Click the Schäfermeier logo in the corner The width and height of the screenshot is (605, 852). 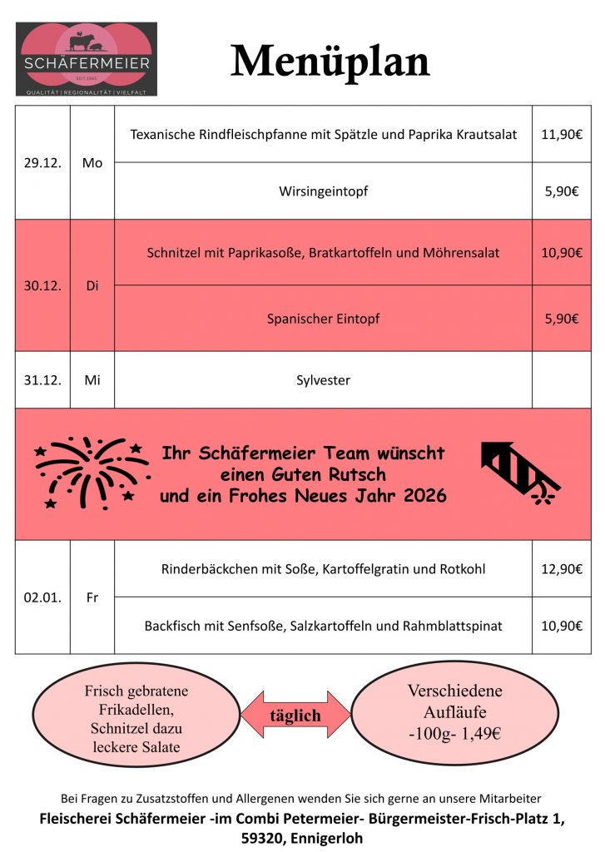(87, 59)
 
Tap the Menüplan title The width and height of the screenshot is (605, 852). (330, 60)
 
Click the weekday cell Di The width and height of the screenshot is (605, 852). (92, 285)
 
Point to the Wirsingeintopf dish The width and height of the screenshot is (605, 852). (323, 191)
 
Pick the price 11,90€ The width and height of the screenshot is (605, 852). (562, 134)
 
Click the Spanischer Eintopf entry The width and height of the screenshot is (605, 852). (323, 319)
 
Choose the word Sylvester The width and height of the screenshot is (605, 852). (323, 380)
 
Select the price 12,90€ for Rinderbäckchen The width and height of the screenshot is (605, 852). (562, 569)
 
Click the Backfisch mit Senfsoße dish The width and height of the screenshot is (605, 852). (323, 626)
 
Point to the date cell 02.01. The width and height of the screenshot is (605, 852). (42, 597)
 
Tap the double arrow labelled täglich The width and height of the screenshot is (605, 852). (295, 715)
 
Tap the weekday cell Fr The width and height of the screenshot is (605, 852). (92, 597)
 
